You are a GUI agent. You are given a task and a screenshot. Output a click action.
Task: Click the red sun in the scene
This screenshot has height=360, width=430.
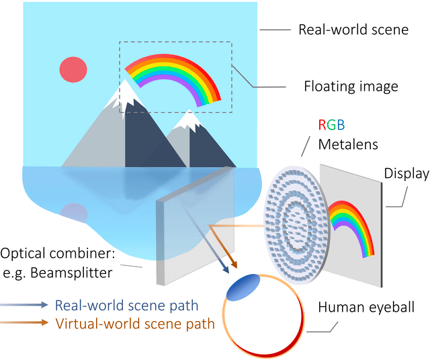[73, 69]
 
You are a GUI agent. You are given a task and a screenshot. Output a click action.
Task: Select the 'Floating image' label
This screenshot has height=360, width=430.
[351, 86]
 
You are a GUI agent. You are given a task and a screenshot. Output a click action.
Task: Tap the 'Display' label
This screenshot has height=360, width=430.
[406, 174]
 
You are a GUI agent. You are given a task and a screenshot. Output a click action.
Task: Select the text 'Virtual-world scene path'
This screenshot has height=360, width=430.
[134, 323]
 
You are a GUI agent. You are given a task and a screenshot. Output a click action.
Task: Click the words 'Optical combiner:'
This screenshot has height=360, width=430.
[59, 255]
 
